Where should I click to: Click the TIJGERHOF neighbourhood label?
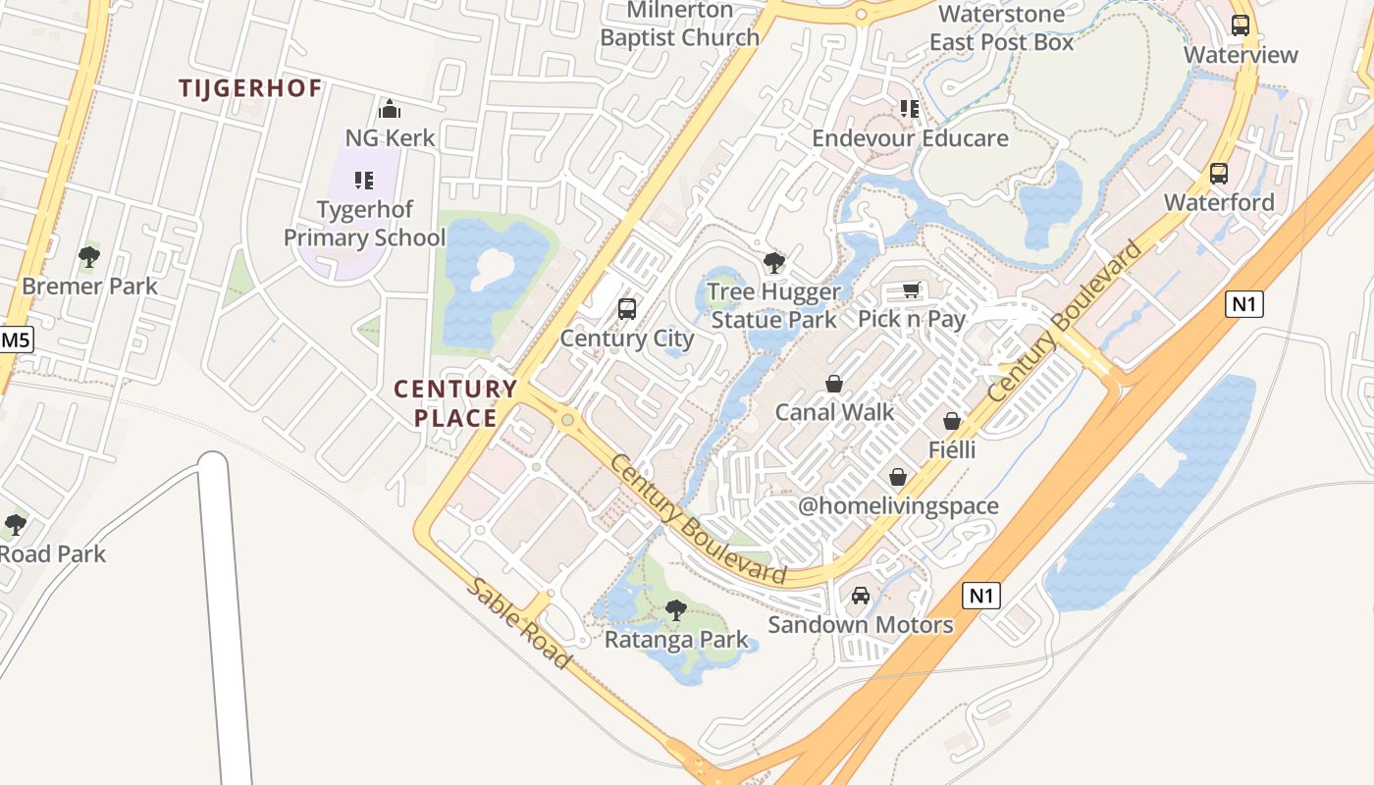tap(250, 88)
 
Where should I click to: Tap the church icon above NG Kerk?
tap(390, 109)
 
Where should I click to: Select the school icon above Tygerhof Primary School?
tap(364, 181)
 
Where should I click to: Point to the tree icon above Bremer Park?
tap(89, 258)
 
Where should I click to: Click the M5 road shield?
tap(16, 340)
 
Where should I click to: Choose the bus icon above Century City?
tap(626, 310)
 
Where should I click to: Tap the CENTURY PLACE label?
tap(455, 403)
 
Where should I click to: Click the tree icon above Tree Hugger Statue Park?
tap(774, 263)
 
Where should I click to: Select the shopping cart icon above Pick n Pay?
tap(912, 290)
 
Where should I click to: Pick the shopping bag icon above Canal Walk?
tap(834, 383)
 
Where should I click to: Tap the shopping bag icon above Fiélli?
tap(952, 421)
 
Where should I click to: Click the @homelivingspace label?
tap(898, 506)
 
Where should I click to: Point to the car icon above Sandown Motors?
tap(861, 596)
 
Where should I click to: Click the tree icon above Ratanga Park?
tap(675, 610)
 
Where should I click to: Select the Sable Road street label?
tap(517, 623)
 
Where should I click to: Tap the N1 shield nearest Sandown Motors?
tap(981, 595)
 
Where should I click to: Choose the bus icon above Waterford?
tap(1219, 174)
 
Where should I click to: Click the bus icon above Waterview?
tap(1241, 26)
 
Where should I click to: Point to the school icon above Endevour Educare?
tap(910, 109)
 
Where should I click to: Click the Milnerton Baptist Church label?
tap(680, 25)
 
